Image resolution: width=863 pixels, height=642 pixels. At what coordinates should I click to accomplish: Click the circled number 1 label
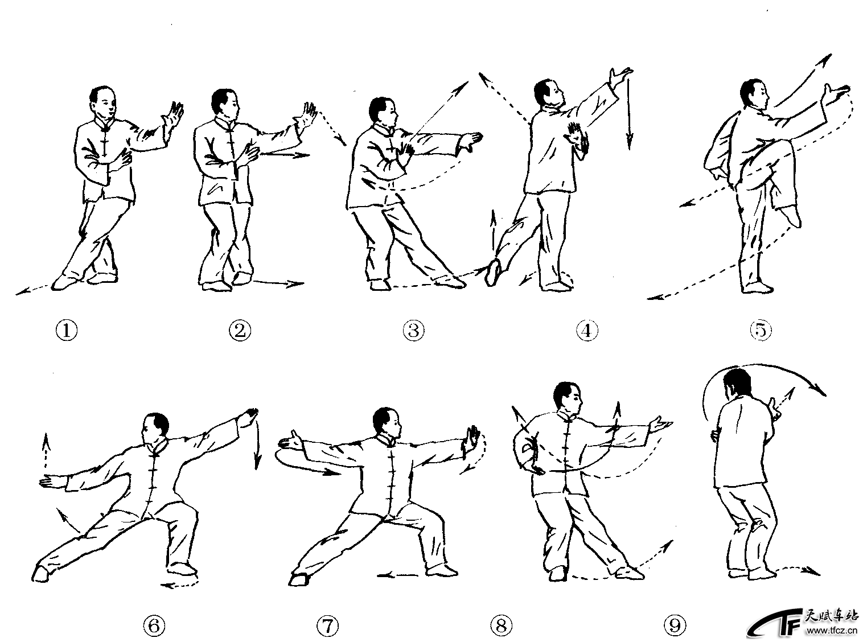click(x=67, y=331)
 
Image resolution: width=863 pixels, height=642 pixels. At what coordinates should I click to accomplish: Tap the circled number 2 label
click(x=240, y=331)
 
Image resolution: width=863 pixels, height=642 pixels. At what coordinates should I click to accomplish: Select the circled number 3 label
click(x=414, y=331)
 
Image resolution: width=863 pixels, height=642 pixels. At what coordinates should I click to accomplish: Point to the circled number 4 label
click(x=587, y=331)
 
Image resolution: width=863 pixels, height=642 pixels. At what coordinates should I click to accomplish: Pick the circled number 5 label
click(x=761, y=331)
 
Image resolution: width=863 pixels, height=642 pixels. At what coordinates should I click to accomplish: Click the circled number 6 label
click(x=154, y=625)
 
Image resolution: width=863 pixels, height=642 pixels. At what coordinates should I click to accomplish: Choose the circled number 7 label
click(x=328, y=625)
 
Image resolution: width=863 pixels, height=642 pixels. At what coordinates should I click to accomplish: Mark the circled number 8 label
click(x=501, y=625)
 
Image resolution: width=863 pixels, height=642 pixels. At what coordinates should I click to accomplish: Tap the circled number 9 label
click(x=675, y=625)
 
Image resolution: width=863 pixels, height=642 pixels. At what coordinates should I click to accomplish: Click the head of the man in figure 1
click(x=103, y=101)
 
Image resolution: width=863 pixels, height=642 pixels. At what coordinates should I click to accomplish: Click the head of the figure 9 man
click(x=737, y=385)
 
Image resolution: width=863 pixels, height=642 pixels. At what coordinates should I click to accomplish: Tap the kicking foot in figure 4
click(x=494, y=273)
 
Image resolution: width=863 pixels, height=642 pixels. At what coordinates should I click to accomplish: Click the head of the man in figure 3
click(x=382, y=112)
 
